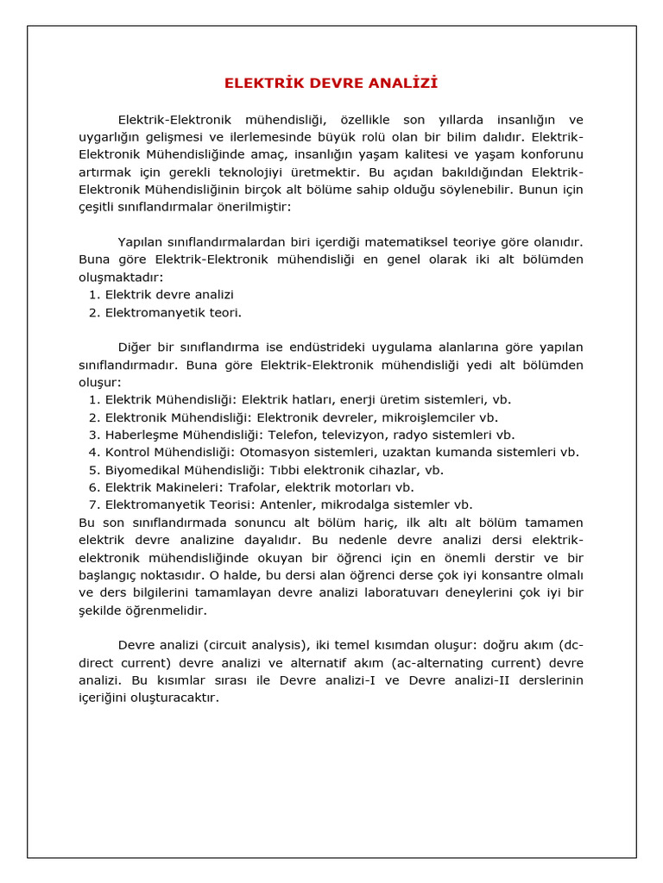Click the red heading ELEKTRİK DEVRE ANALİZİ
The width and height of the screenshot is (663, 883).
point(331,84)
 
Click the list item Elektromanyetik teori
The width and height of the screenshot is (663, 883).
point(174,313)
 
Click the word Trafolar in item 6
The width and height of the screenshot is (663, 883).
point(254,488)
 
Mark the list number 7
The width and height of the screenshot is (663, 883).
point(94,505)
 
